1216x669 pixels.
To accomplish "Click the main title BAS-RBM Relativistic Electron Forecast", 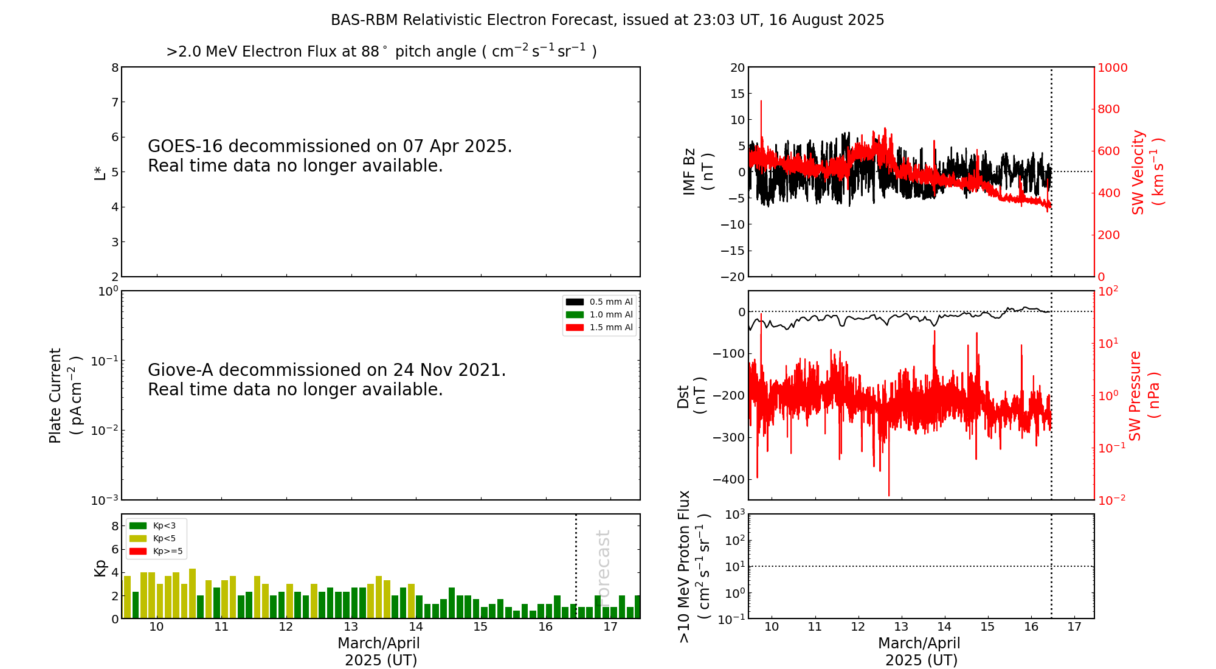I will [x=607, y=20].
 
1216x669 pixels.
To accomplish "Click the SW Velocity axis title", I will [x=1147, y=172].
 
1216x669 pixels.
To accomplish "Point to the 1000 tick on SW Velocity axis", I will [x=1112, y=68].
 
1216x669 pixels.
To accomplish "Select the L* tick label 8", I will [x=115, y=68].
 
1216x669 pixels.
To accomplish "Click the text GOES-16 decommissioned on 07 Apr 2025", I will [x=330, y=147].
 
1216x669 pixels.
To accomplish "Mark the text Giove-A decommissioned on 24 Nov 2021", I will [x=326, y=370].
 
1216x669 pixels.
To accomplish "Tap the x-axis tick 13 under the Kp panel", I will [x=351, y=627].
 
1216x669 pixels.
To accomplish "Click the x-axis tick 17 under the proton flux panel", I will [x=1074, y=627].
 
